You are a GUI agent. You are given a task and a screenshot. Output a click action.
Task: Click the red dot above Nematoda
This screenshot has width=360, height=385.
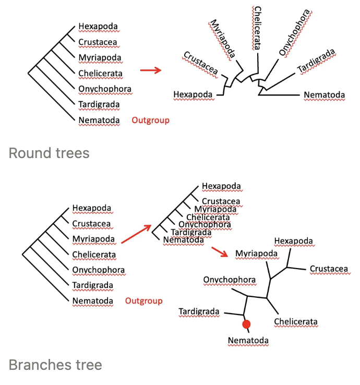(246, 324)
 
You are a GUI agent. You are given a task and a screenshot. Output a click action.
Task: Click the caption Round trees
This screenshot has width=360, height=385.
(49, 153)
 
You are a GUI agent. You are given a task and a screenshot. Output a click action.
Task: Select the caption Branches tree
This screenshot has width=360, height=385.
(55, 365)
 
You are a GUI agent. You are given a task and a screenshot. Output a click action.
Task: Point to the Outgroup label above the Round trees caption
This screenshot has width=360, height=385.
(150, 121)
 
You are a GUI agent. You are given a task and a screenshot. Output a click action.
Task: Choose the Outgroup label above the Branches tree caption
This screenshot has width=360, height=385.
(143, 301)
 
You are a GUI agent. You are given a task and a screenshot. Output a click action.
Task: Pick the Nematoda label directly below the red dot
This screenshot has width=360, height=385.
(248, 341)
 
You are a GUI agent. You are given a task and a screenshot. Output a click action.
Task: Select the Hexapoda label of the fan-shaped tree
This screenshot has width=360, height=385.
(193, 94)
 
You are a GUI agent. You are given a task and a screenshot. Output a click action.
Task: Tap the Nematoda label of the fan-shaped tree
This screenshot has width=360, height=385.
(324, 95)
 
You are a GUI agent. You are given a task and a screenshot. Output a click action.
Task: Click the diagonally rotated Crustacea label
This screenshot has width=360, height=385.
(200, 65)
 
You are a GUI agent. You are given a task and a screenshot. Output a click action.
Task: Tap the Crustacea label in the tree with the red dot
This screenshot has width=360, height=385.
(329, 269)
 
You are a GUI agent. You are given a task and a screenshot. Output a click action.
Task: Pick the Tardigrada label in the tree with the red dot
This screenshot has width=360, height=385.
(199, 312)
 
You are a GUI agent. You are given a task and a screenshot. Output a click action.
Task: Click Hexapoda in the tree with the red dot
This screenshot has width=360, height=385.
(294, 241)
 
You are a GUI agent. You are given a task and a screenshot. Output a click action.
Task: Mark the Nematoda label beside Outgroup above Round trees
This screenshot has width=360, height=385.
(99, 121)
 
